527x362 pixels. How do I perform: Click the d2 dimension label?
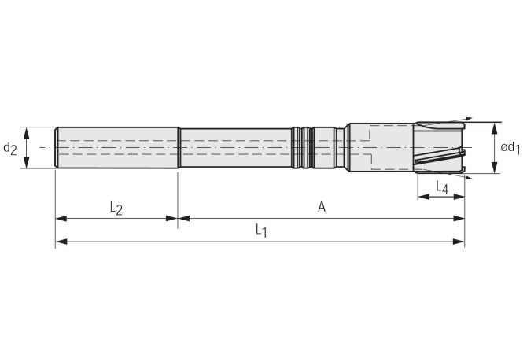click(x=9, y=148)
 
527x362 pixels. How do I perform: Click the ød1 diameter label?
click(x=510, y=147)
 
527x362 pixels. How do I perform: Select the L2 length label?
click(x=116, y=208)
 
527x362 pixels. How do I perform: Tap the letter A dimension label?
click(x=322, y=207)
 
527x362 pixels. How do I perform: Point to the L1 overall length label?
click(x=261, y=231)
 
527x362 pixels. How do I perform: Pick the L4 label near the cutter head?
click(x=442, y=187)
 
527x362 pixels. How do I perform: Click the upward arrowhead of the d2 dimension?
click(x=26, y=133)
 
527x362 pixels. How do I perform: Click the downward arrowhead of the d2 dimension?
click(x=26, y=162)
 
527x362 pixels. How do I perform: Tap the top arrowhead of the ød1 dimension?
click(x=495, y=129)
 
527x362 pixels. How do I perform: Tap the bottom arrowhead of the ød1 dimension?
click(x=495, y=168)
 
